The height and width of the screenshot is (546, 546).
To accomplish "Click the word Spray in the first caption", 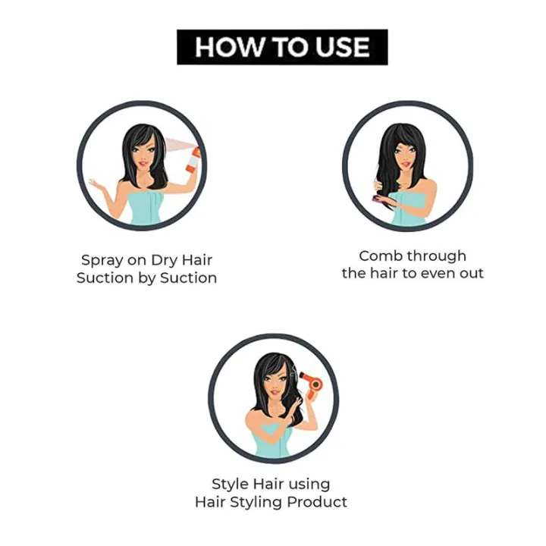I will coord(102,260).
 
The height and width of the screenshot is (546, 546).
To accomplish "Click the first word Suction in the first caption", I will coord(105,278).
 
